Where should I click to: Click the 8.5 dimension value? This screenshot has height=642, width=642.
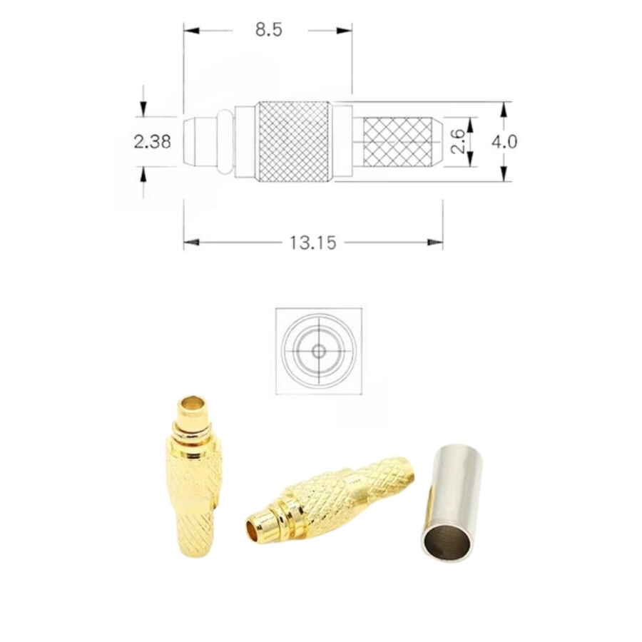pyautogui.click(x=269, y=30)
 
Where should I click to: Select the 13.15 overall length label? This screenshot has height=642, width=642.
pyautogui.click(x=313, y=243)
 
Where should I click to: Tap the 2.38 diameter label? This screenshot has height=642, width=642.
pyautogui.click(x=152, y=142)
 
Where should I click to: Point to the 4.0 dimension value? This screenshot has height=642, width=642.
pyautogui.click(x=504, y=142)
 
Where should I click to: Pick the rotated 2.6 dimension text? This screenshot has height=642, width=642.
pyautogui.click(x=457, y=141)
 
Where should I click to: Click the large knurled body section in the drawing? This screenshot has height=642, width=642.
pyautogui.click(x=294, y=141)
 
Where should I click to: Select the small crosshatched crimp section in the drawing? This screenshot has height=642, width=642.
pyautogui.click(x=397, y=142)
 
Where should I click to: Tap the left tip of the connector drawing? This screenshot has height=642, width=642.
pyautogui.click(x=184, y=142)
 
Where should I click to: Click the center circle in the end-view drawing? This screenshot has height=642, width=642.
pyautogui.click(x=319, y=351)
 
